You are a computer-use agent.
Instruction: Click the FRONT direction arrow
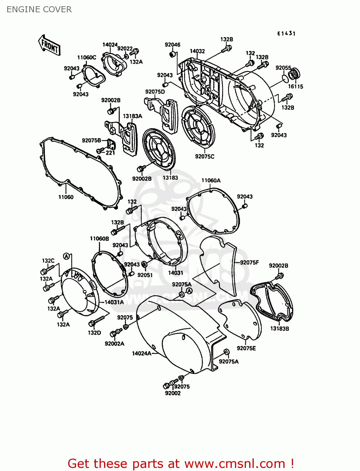(x=49, y=45)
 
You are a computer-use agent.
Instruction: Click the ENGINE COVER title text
(x=39, y=9)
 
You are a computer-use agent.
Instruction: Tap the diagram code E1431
(x=286, y=33)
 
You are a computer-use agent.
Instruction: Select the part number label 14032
(x=197, y=51)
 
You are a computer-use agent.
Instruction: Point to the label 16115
(x=296, y=86)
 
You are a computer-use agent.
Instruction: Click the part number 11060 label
(x=66, y=197)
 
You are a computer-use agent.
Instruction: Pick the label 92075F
(x=249, y=263)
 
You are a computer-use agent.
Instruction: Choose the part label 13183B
(x=280, y=329)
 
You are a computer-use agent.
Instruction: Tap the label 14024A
(x=141, y=354)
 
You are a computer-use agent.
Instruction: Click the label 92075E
(x=246, y=348)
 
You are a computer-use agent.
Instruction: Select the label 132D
(x=94, y=333)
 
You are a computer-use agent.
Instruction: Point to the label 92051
(x=145, y=275)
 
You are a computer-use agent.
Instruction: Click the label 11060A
(x=211, y=181)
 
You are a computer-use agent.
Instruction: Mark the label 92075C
(x=205, y=156)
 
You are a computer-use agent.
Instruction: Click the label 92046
(x=172, y=45)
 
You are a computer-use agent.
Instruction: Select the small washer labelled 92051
(x=144, y=265)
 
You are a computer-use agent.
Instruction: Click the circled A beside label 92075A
(x=189, y=291)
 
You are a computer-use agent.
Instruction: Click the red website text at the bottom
(x=181, y=463)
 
